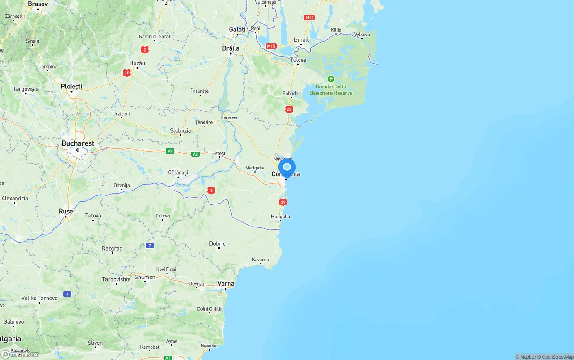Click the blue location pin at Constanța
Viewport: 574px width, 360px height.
pos(287,168)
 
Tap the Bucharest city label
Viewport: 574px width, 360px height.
pos(78,143)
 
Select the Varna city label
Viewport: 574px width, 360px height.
pos(226,283)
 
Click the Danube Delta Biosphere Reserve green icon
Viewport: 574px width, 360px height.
pos(331,79)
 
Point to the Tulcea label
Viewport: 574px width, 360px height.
pos(298,60)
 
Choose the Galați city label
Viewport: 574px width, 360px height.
pos(237,30)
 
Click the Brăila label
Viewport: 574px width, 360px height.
pos(231,48)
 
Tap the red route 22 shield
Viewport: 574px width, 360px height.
pos(289,109)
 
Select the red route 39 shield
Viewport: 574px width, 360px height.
pos(283,202)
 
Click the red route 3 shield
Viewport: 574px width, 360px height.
pos(211,190)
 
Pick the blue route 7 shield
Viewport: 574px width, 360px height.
pos(150,246)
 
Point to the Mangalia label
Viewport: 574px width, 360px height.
pos(280,217)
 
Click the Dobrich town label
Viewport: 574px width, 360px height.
pos(219,244)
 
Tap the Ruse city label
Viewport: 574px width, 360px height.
pos(65,211)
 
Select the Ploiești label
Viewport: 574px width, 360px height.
pos(72,86)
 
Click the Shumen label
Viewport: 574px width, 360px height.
pos(145,277)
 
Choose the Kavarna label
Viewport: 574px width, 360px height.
pos(261,260)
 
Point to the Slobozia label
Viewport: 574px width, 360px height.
pos(181,131)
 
